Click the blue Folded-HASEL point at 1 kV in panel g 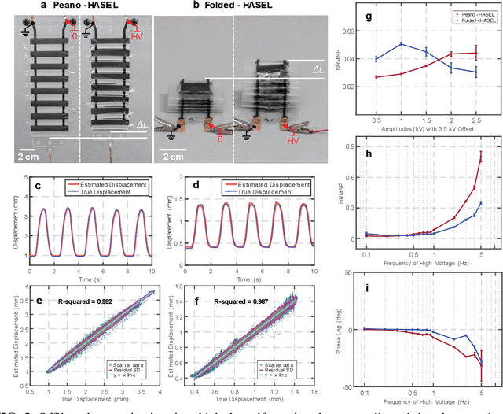402,44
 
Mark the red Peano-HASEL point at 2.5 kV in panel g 475,54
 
